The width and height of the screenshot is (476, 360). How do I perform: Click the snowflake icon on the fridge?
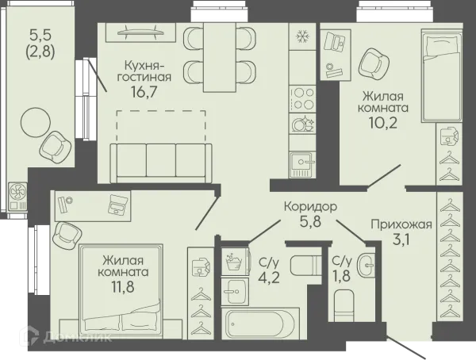tap(302, 36)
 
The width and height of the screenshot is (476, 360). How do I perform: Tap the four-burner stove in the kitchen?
tap(302, 98)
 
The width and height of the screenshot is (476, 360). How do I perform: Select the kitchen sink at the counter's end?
tap(302, 165)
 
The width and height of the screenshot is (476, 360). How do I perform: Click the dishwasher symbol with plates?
tap(302, 123)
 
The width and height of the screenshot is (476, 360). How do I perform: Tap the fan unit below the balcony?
tap(17, 197)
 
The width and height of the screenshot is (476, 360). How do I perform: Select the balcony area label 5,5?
tap(40, 35)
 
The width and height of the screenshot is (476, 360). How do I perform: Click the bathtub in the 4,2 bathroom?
tap(260, 323)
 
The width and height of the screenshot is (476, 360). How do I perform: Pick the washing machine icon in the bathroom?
tap(235, 261)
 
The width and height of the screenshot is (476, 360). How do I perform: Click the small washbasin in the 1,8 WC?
tap(366, 265)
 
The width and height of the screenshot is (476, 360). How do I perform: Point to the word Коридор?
tap(310, 207)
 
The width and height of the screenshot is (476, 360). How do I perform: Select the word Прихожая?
tap(401, 225)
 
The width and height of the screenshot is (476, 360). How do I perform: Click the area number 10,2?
tap(383, 122)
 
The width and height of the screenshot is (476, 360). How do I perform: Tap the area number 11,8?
tap(123, 286)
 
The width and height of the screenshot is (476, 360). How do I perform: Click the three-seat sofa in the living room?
tap(161, 163)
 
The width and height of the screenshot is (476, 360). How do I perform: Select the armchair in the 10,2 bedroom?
tap(374, 63)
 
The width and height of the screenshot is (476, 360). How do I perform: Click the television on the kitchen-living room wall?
tap(141, 33)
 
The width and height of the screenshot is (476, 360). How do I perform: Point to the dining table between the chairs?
tap(220, 57)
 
